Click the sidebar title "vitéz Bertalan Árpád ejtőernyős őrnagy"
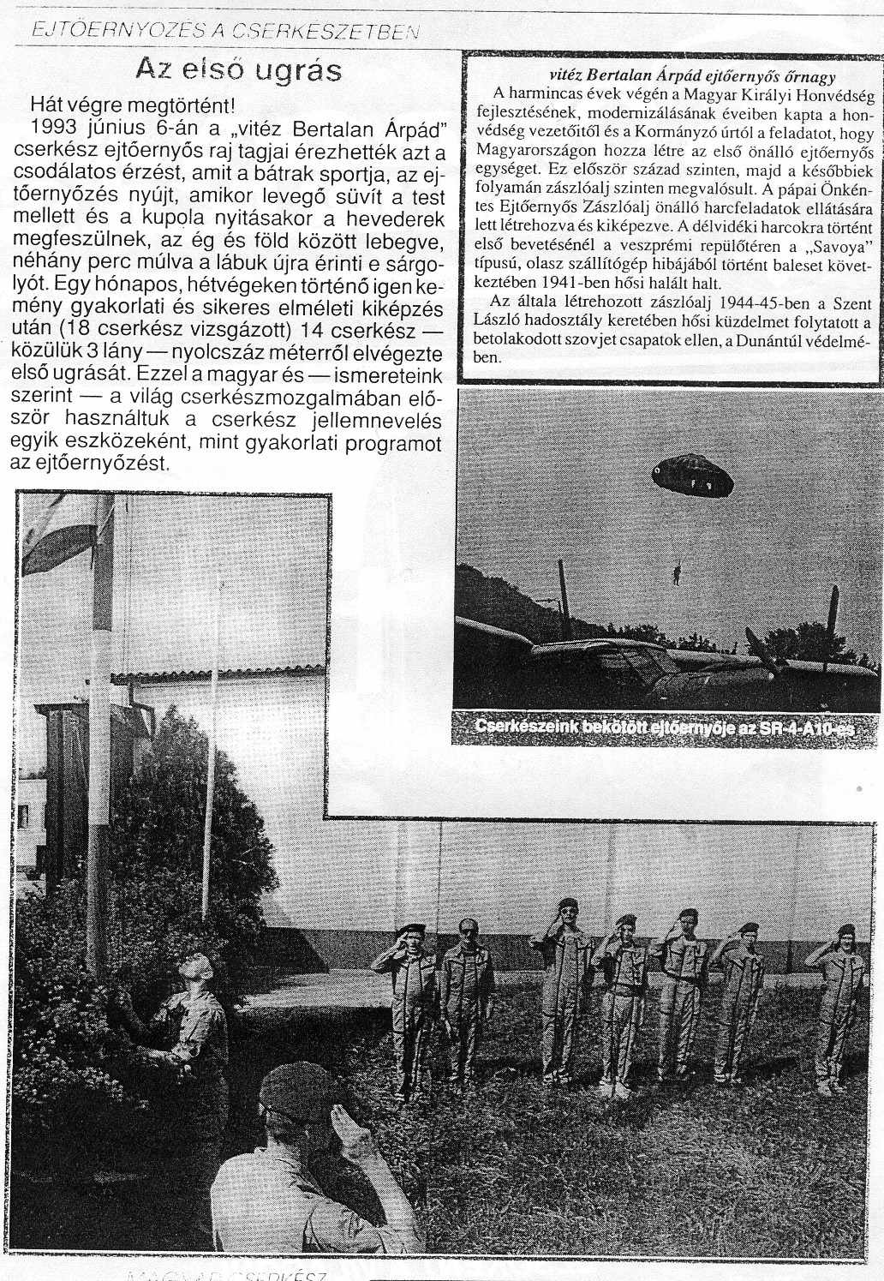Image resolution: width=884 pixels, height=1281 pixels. click(x=668, y=75)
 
